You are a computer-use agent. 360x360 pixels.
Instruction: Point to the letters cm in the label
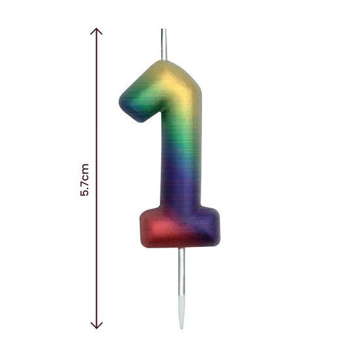(84, 173)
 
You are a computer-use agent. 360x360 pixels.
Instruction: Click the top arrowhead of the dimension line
(97, 31)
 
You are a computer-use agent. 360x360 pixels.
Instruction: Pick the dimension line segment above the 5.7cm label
(97, 97)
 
